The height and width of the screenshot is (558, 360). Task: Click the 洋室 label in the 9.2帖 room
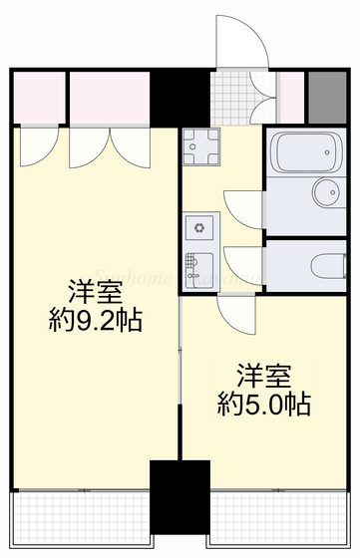(x=94, y=292)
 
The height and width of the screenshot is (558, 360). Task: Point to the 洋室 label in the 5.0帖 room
(x=263, y=377)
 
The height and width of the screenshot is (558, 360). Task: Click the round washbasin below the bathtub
(x=325, y=191)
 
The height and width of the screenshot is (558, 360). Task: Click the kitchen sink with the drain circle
(x=198, y=228)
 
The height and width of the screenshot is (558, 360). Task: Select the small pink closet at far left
(x=38, y=96)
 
